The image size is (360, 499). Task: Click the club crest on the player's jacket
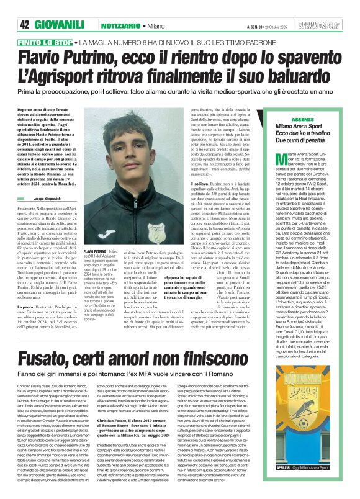pyautogui.click(x=156, y=230)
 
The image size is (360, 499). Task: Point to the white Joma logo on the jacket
pyautogui.click(x=110, y=233)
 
